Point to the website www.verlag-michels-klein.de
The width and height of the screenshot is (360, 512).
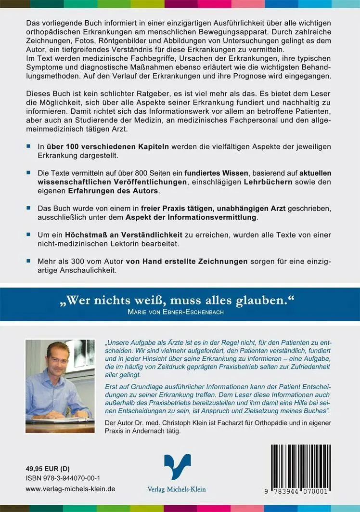(70, 488)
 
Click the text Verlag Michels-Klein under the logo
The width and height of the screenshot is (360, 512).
(176, 489)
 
